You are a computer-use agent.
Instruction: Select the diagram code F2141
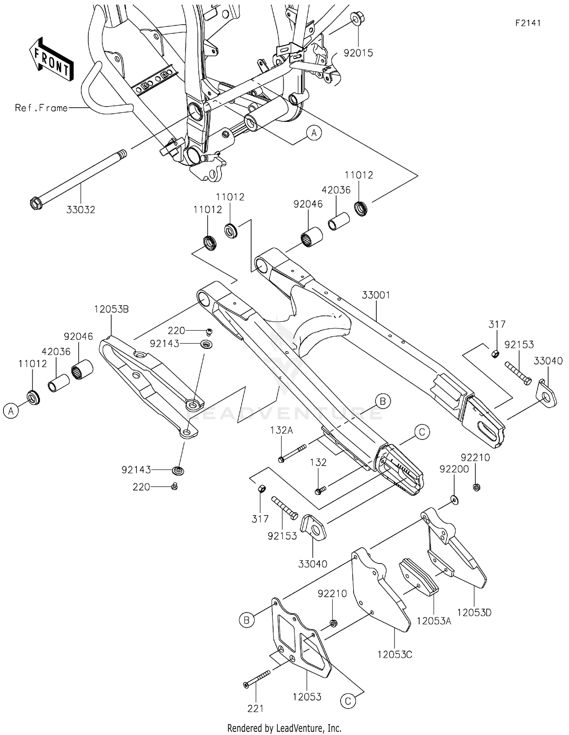point(528,23)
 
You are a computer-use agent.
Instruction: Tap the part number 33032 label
point(80,210)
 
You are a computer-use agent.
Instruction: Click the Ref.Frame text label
point(41,108)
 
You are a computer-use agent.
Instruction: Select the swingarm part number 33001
point(376,295)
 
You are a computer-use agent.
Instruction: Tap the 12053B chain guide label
point(112,309)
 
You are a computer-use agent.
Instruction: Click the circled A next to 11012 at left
point(11,410)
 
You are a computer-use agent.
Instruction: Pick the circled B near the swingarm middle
point(382,401)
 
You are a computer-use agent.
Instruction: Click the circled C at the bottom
point(348,702)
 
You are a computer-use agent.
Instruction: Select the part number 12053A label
point(434,621)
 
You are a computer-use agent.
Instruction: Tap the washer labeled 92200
point(454,500)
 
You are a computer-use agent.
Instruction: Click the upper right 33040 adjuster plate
point(547,395)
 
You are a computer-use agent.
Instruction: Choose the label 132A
point(281,430)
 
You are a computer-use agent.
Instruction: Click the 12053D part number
point(474,612)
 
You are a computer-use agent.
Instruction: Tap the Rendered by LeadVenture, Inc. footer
point(284,728)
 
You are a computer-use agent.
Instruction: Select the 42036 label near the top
point(336,190)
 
